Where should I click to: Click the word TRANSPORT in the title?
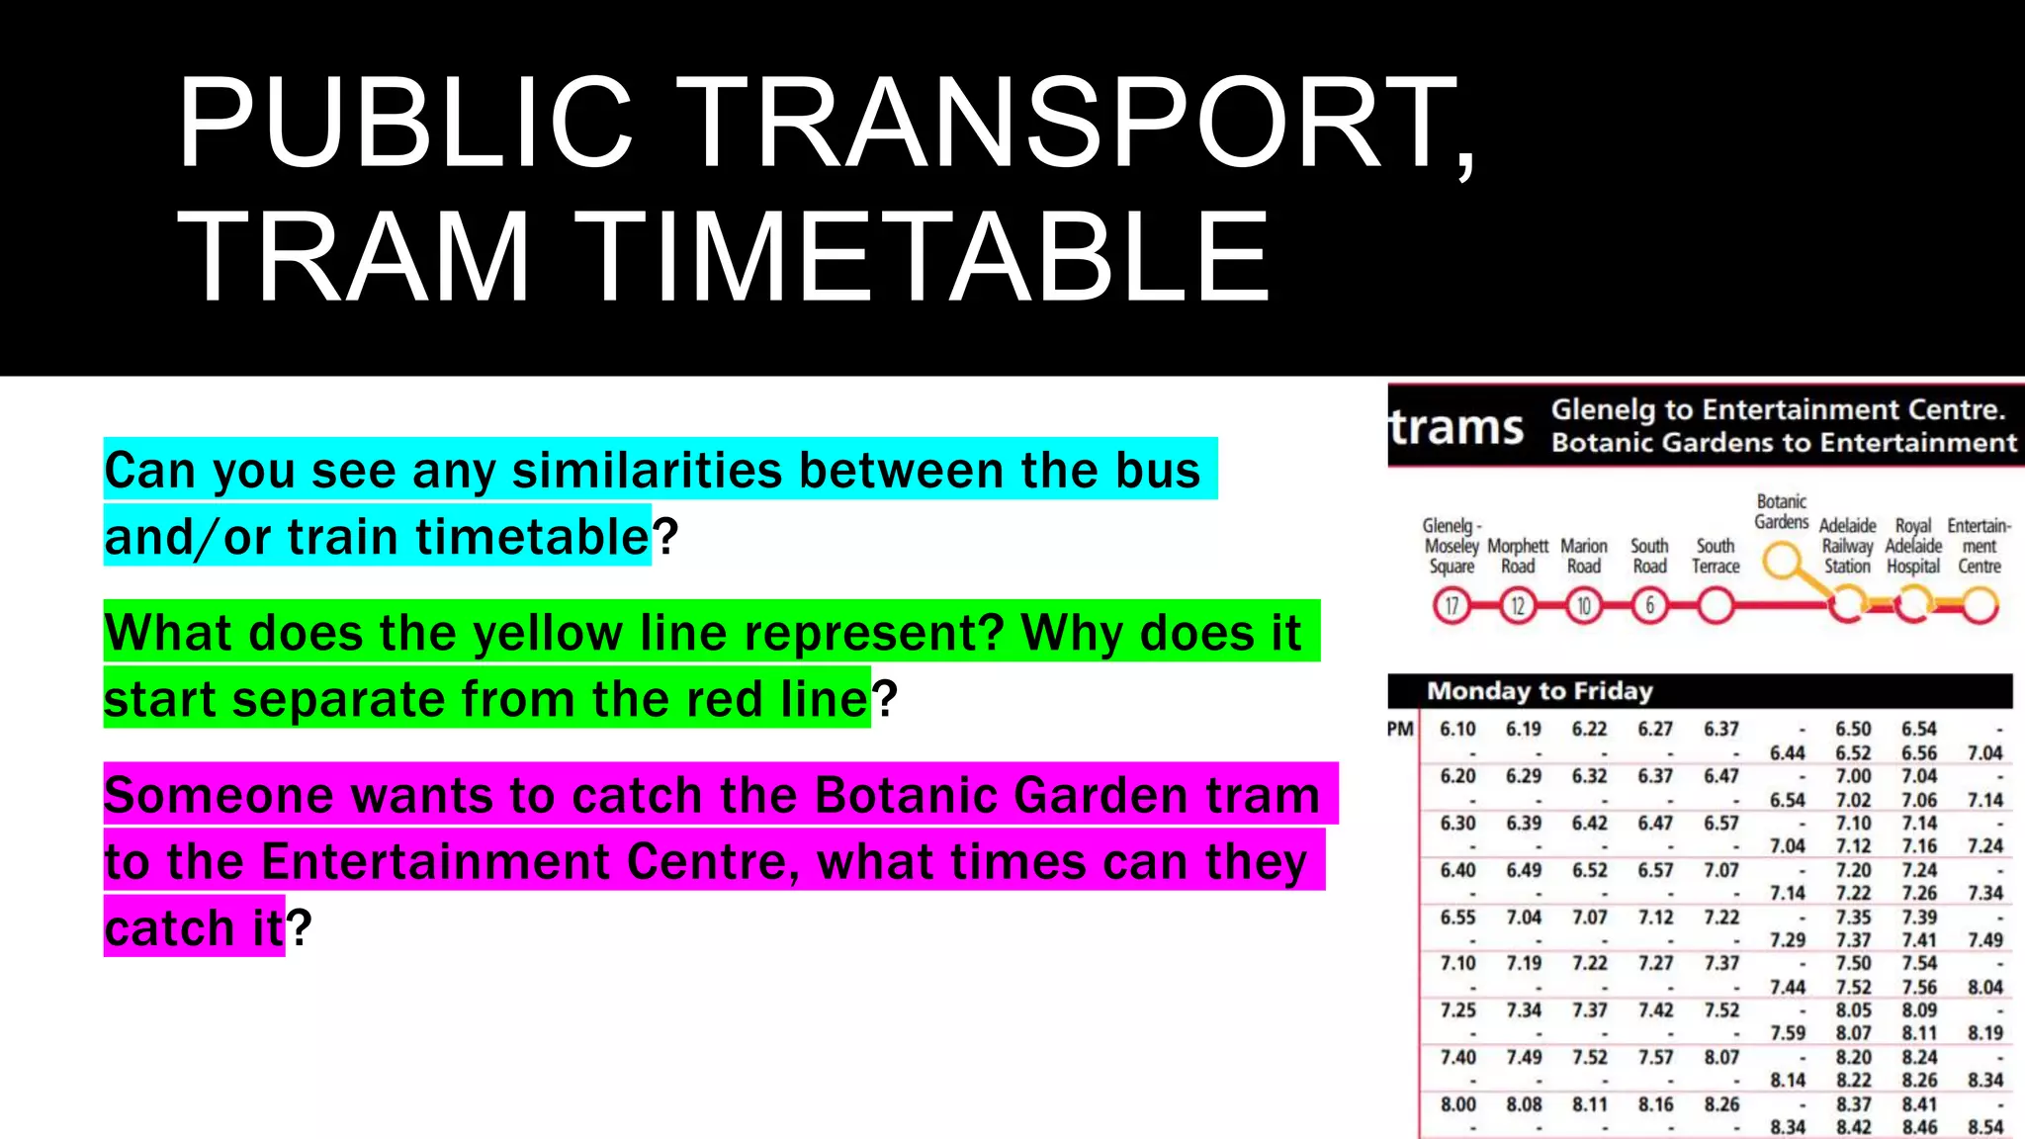(x=1073, y=124)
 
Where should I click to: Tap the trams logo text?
(x=1456, y=428)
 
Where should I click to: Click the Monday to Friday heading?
(x=1540, y=691)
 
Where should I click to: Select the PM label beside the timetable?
(x=1400, y=730)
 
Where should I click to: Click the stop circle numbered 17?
(x=1452, y=605)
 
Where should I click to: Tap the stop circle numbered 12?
(x=1518, y=605)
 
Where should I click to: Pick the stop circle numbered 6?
(x=1649, y=605)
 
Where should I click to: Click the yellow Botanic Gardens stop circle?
(x=1782, y=562)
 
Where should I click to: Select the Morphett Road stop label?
(x=1518, y=556)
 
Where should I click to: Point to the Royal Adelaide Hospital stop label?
(x=1913, y=546)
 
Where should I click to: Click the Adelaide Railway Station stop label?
(x=1847, y=546)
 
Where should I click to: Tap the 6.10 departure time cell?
(x=1457, y=730)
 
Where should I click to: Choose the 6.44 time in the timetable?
(x=1787, y=753)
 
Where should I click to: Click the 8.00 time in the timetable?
(x=1457, y=1104)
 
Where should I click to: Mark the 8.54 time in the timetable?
(x=1984, y=1127)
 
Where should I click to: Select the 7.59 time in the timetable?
(x=1787, y=1033)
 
